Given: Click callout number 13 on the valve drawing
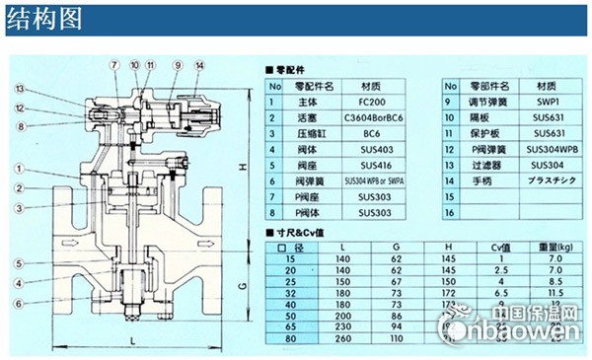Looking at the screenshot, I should tap(20, 89).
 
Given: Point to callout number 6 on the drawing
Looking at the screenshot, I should tap(20, 303).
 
